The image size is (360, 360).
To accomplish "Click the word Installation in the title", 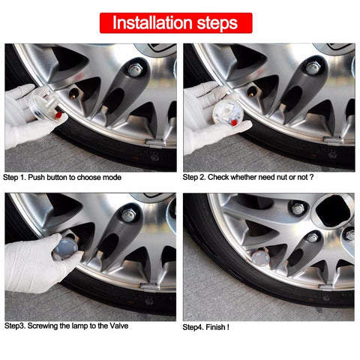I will pyautogui.click(x=149, y=22).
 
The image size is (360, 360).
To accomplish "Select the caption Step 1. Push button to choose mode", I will pyautogui.click(x=62, y=178).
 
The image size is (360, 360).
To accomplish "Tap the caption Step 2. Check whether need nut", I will pyautogui.click(x=248, y=178).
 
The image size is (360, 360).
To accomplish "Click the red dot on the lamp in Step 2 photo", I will pyautogui.click(x=234, y=120).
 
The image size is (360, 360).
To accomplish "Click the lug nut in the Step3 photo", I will pyautogui.click(x=129, y=215).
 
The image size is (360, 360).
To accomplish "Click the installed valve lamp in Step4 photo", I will pyautogui.click(x=259, y=259).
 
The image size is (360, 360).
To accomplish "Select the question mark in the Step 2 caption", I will pyautogui.click(x=310, y=178).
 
